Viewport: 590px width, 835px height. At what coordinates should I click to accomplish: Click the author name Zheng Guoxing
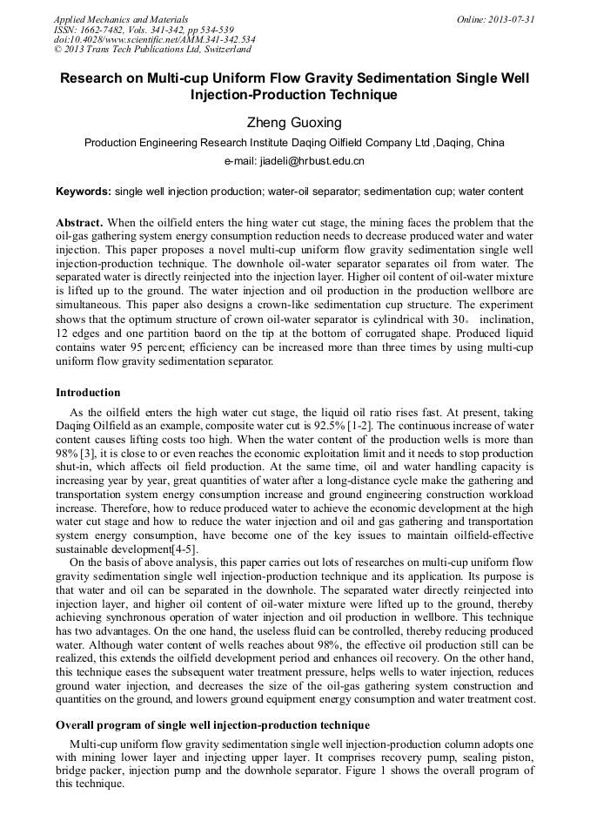[294, 123]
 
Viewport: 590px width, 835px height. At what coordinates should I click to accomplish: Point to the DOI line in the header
[154, 39]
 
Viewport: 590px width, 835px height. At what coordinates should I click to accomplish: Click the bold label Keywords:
[84, 192]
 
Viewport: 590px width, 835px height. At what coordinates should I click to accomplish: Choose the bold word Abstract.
[80, 223]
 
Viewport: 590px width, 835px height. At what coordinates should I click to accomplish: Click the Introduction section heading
[88, 393]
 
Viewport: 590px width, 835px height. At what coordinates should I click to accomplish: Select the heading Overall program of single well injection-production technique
[212, 725]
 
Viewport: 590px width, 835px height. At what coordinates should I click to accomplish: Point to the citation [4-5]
[183, 549]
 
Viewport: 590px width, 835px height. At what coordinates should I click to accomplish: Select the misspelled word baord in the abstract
[219, 333]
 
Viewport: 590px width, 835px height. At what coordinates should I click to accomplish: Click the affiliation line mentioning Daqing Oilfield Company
[294, 143]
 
